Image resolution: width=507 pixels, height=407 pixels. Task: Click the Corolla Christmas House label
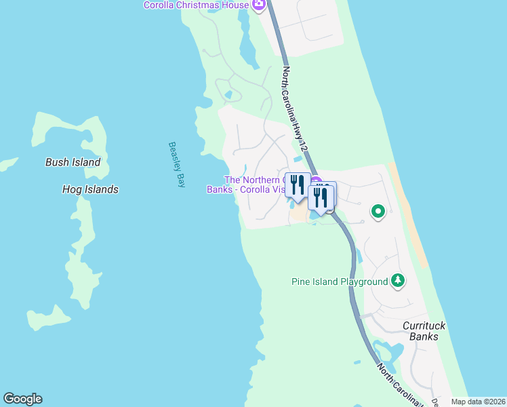coord(195,5)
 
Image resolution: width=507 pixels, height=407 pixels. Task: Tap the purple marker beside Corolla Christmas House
coord(258,5)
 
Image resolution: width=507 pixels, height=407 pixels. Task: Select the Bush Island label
coord(73,162)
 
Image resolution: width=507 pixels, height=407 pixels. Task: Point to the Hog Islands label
coord(89,189)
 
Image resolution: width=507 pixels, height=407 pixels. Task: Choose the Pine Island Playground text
coord(340,282)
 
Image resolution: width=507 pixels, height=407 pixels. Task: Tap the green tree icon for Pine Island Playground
coord(399,281)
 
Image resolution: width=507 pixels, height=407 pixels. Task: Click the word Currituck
coord(424,326)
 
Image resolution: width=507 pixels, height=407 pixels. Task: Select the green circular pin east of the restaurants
coord(378,212)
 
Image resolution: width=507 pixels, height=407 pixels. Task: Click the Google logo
coord(22,399)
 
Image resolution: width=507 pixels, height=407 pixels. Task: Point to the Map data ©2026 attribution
coord(479,402)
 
